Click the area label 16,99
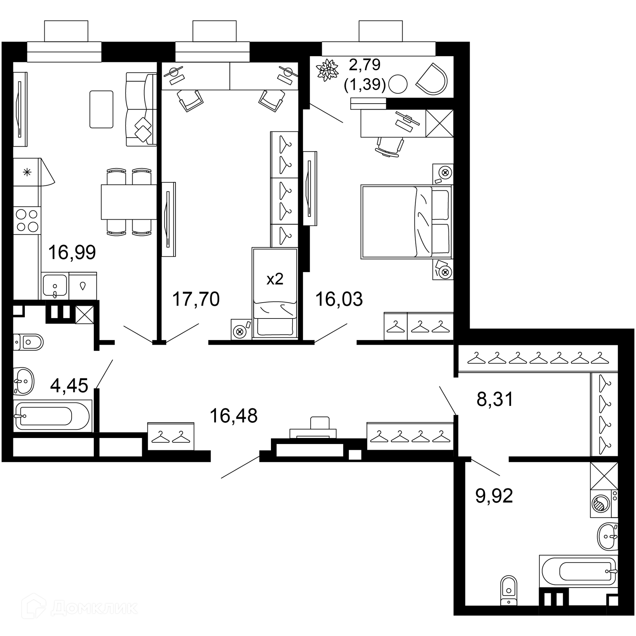point(72,252)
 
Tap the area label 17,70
point(196,299)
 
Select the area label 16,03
point(339,299)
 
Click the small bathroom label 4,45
point(69,386)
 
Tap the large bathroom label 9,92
point(494,496)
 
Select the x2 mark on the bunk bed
point(275,279)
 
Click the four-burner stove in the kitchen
point(27,220)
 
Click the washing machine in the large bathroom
point(604,503)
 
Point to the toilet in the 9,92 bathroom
point(508,590)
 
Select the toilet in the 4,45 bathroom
point(28,342)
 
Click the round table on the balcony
point(397,84)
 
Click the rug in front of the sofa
point(101,109)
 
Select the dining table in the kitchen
point(129,202)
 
